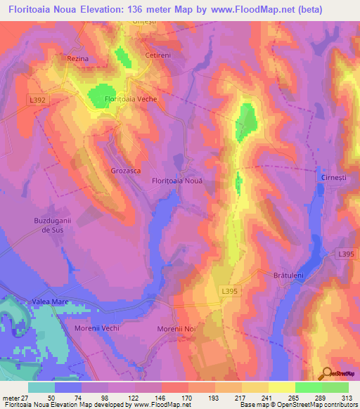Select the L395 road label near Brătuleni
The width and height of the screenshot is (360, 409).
[345, 253]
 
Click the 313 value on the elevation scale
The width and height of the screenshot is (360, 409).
[347, 396]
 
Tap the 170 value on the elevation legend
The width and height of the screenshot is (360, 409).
[186, 396]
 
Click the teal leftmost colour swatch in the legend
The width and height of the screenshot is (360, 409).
[41, 387]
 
